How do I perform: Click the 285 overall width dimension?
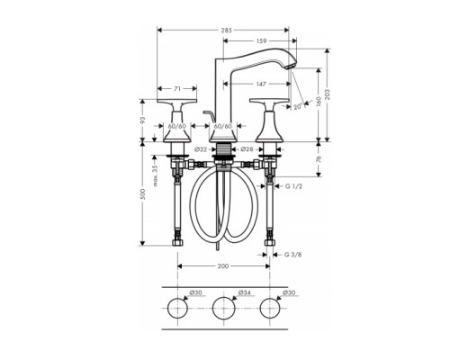tap(226, 31)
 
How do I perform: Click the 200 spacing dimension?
tap(223, 267)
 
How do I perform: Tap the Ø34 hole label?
tap(242, 292)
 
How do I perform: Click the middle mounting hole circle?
tap(222, 311)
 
